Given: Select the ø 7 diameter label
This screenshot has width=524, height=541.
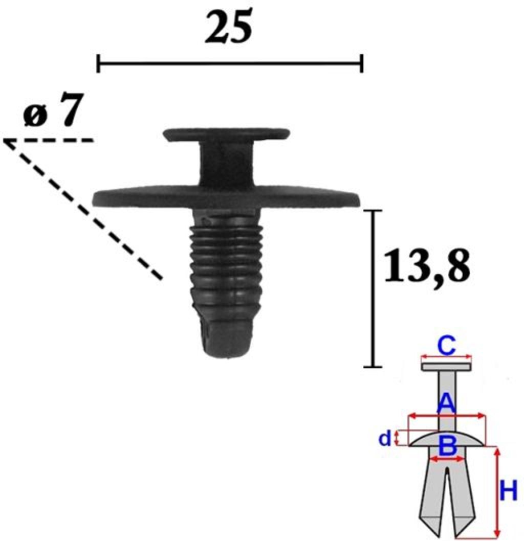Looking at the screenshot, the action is (x=54, y=110).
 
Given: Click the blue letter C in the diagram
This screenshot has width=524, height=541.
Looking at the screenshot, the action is (x=446, y=346).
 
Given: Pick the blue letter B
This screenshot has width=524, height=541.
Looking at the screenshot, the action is (x=447, y=445).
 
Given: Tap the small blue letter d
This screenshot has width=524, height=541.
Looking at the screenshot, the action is (x=385, y=439).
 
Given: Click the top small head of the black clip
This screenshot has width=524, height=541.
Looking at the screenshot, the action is (x=227, y=134).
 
